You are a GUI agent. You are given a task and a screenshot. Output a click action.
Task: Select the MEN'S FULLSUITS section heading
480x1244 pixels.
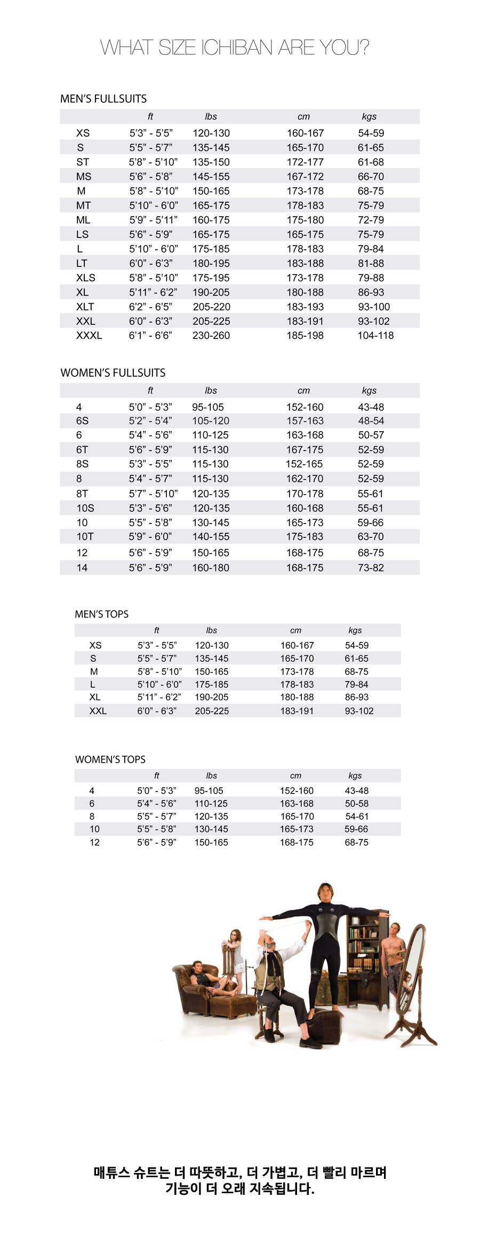[103, 99]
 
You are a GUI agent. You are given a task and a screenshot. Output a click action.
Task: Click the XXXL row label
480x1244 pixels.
[89, 335]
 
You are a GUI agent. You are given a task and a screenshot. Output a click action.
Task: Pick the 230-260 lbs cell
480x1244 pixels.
[211, 335]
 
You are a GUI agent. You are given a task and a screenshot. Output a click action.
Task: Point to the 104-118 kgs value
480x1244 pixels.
[375, 335]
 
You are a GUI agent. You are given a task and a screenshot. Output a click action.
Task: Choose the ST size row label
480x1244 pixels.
[83, 162]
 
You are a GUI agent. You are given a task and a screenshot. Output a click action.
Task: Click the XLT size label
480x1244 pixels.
[85, 306]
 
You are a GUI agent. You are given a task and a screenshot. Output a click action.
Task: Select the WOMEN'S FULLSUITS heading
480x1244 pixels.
[113, 373]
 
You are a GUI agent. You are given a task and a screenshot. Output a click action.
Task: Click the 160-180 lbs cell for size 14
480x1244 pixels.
[211, 568]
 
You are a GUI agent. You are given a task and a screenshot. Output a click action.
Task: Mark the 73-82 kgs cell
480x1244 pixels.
[371, 568]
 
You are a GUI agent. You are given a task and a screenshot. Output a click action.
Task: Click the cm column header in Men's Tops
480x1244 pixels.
[295, 630]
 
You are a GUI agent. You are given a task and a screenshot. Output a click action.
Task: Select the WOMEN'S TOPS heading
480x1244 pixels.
[110, 759]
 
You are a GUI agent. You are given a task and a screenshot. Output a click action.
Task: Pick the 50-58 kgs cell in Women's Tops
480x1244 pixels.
[356, 803]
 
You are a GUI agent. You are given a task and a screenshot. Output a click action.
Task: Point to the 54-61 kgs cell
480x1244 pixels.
[356, 817]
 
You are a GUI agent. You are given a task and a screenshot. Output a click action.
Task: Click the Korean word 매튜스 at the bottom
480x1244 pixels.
[111, 1173]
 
